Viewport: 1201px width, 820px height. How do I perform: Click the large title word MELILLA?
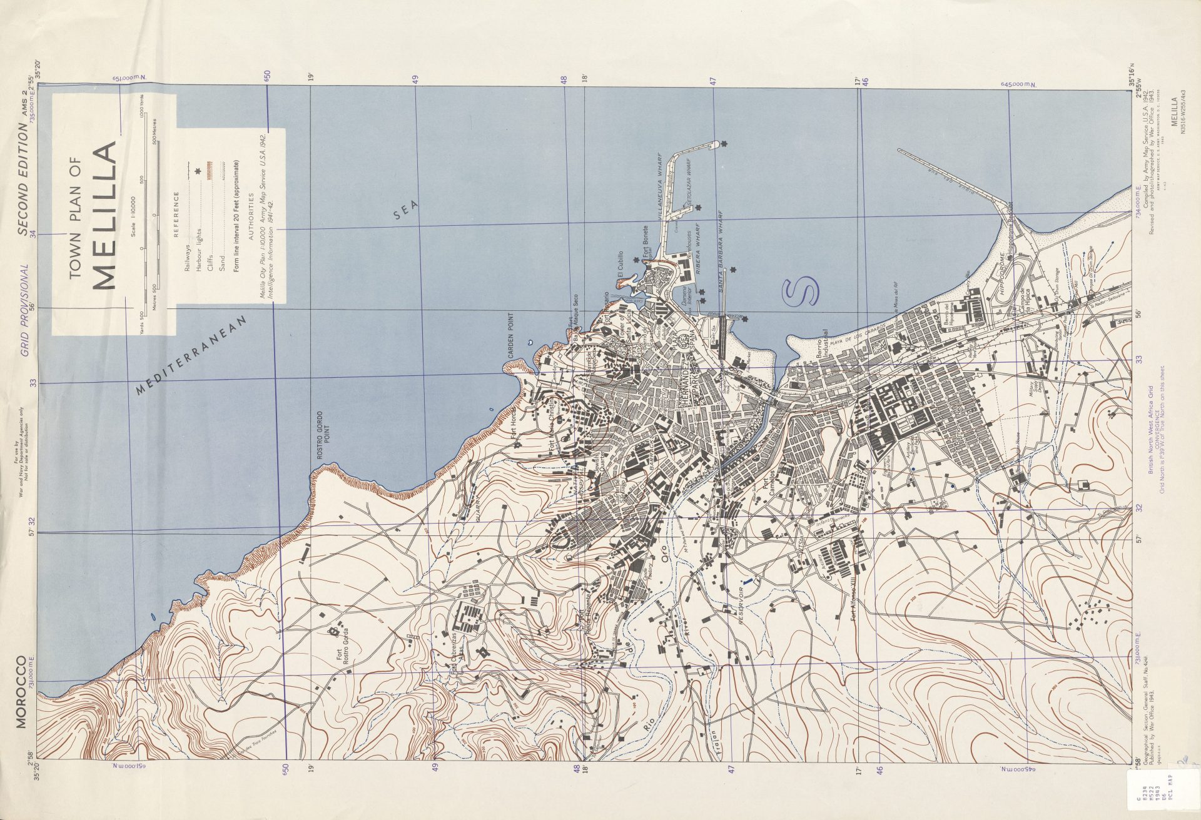105,215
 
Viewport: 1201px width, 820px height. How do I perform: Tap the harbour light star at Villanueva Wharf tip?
724,144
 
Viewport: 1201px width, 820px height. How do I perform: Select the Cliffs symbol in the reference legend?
208,170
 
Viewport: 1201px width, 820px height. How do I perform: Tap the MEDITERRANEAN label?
193,355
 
